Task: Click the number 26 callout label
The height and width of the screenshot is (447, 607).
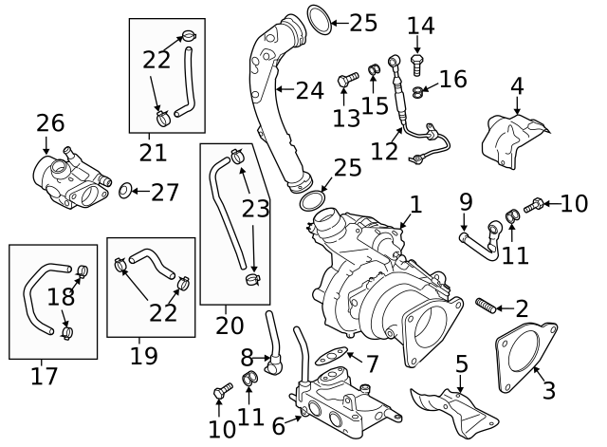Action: coord(50,122)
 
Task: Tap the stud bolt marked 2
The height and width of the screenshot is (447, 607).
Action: coord(486,306)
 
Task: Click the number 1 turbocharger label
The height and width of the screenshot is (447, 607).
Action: coord(414,205)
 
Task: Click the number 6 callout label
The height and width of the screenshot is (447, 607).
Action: coord(279,426)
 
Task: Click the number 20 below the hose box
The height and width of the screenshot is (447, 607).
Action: coord(230,324)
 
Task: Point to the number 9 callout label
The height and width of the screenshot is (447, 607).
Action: coord(466,201)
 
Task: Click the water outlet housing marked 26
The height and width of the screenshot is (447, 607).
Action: coord(68,179)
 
